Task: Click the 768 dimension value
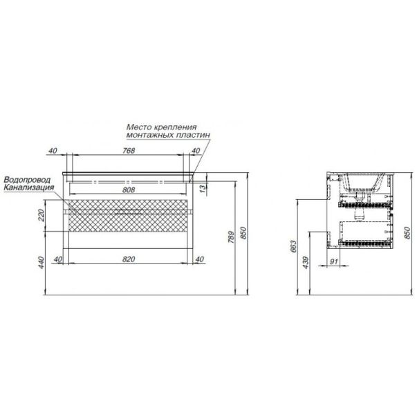pyautogui.click(x=129, y=151)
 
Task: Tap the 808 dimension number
pyautogui.click(x=129, y=190)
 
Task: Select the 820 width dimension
pyautogui.click(x=129, y=259)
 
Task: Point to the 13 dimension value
pyautogui.click(x=203, y=189)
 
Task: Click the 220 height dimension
pyautogui.click(x=41, y=215)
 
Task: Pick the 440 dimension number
pyautogui.click(x=41, y=263)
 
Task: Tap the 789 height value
pyautogui.click(x=231, y=237)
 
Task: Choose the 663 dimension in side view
pyautogui.click(x=293, y=246)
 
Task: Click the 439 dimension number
pyautogui.click(x=306, y=263)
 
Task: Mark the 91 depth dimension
pyautogui.click(x=334, y=261)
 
